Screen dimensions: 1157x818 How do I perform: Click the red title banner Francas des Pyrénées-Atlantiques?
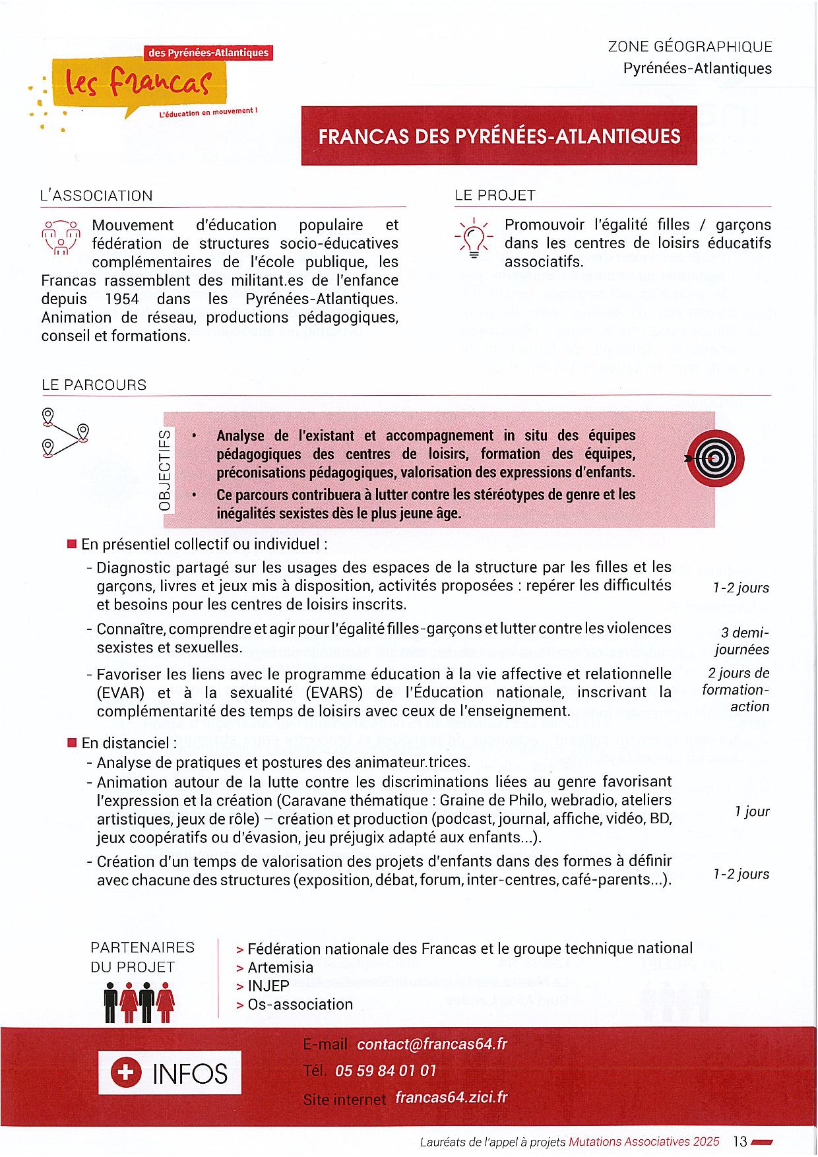[x=499, y=136]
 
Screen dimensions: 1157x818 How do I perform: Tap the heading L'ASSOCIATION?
[x=96, y=196]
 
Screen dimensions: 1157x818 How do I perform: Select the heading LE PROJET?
[x=495, y=195]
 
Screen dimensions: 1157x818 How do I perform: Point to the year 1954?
[x=122, y=299]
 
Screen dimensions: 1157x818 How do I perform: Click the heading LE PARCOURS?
[x=94, y=385]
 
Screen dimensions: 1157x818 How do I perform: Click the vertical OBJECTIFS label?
[x=165, y=469]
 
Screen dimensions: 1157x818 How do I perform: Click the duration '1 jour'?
[x=752, y=811]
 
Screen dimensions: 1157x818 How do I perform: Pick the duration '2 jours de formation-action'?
[x=737, y=690]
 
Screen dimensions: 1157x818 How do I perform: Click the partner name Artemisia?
[x=280, y=968]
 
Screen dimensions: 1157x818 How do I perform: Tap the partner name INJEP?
[x=268, y=986]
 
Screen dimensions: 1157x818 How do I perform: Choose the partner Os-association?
[x=300, y=1005]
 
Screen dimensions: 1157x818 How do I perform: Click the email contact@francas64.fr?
[x=432, y=1044]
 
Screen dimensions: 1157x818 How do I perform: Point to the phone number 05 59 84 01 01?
[x=386, y=1071]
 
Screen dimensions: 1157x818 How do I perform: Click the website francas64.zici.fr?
[x=451, y=1098]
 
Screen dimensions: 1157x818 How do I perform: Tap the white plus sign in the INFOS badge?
[x=125, y=1073]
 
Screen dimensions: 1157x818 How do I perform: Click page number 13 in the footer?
[x=739, y=1141]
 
